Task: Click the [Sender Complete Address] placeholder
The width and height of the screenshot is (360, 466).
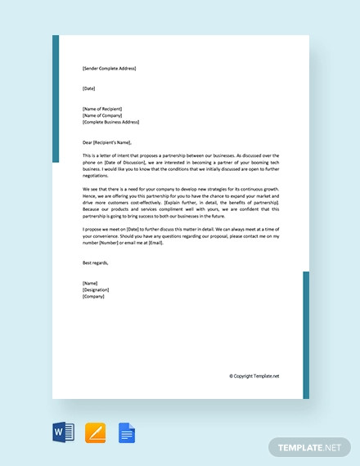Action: (109, 69)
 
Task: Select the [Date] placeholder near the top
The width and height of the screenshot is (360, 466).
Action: (89, 88)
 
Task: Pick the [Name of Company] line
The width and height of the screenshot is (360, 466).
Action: (104, 115)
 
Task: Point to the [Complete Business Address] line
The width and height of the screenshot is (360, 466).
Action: (110, 122)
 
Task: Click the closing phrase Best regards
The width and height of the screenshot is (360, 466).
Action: (95, 263)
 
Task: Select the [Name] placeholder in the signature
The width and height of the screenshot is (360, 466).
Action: (90, 283)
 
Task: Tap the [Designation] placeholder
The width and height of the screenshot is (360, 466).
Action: (96, 289)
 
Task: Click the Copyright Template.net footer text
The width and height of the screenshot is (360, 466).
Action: (254, 376)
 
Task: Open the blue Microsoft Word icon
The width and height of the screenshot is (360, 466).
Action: (64, 432)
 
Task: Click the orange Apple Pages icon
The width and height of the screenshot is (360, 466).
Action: (95, 432)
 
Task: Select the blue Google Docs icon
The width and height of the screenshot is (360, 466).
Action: (127, 432)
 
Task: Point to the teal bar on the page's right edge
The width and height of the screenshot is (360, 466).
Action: (306, 335)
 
